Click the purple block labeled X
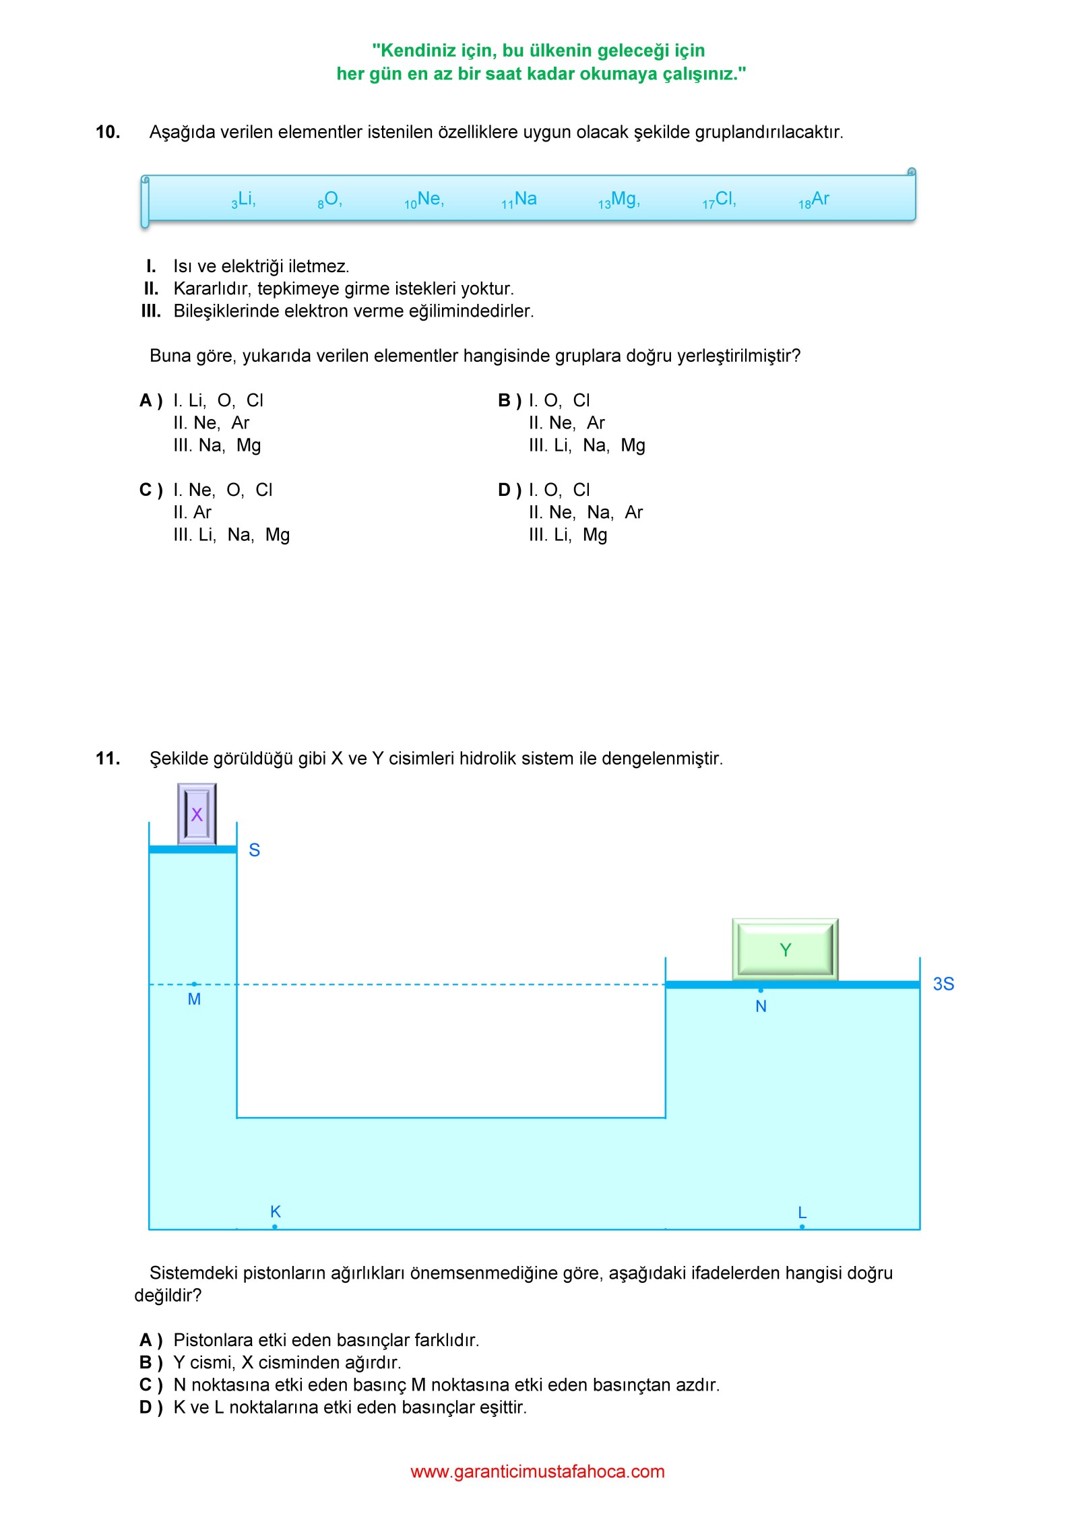click(197, 814)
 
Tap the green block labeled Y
click(785, 949)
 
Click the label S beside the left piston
click(254, 850)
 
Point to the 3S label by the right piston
click(943, 984)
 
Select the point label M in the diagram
click(194, 999)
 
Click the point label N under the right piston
click(761, 1007)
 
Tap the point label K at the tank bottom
click(275, 1211)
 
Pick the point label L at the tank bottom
click(802, 1212)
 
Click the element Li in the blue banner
click(245, 199)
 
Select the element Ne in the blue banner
click(429, 199)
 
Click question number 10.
click(108, 132)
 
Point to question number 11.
click(108, 759)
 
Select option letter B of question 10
click(509, 401)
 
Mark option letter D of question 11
click(151, 1407)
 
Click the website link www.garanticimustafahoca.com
click(538, 1471)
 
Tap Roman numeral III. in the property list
click(151, 311)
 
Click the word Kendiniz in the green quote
click(418, 51)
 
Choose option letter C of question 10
click(151, 490)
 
